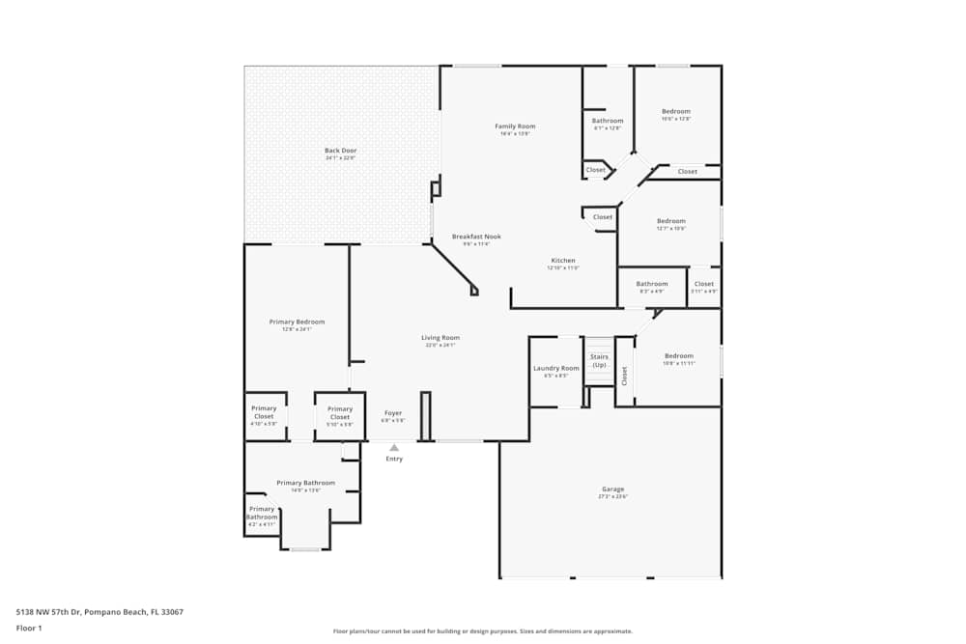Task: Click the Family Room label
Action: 515,126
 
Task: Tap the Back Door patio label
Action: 340,151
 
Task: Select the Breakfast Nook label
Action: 476,237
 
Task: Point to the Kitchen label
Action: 563,261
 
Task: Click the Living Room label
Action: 440,338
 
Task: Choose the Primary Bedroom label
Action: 297,322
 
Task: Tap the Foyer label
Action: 393,413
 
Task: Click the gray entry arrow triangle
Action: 394,447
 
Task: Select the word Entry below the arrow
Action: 394,459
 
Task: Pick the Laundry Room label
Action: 556,368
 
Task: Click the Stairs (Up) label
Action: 599,360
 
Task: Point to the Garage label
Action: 613,490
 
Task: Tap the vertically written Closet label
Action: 625,376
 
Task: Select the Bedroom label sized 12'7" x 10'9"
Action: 670,221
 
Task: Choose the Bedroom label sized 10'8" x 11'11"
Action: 678,356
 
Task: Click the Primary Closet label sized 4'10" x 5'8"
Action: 264,412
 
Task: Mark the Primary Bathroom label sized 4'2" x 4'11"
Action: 263,513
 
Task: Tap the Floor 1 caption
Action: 29,628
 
